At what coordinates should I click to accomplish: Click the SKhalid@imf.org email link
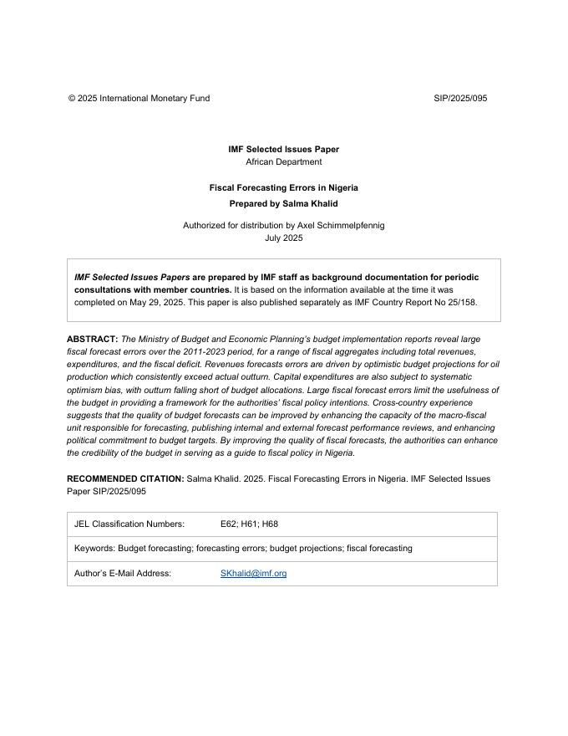[x=253, y=574]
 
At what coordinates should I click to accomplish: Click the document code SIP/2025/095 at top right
[x=460, y=99]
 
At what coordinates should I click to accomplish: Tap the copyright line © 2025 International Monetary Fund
[x=139, y=99]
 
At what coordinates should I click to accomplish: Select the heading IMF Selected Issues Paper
[x=284, y=150]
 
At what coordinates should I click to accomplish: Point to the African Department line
[x=284, y=162]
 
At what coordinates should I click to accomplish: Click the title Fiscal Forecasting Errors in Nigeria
[x=284, y=188]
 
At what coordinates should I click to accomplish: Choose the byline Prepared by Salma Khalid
[x=284, y=203]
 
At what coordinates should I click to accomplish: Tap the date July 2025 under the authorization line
[x=284, y=238]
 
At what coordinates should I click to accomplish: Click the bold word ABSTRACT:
[x=92, y=340]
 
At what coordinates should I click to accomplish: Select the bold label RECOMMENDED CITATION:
[x=125, y=479]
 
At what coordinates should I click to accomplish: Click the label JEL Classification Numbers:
[x=129, y=524]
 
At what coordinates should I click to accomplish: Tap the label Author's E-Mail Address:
[x=123, y=574]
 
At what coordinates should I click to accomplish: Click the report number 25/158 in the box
[x=461, y=303]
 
